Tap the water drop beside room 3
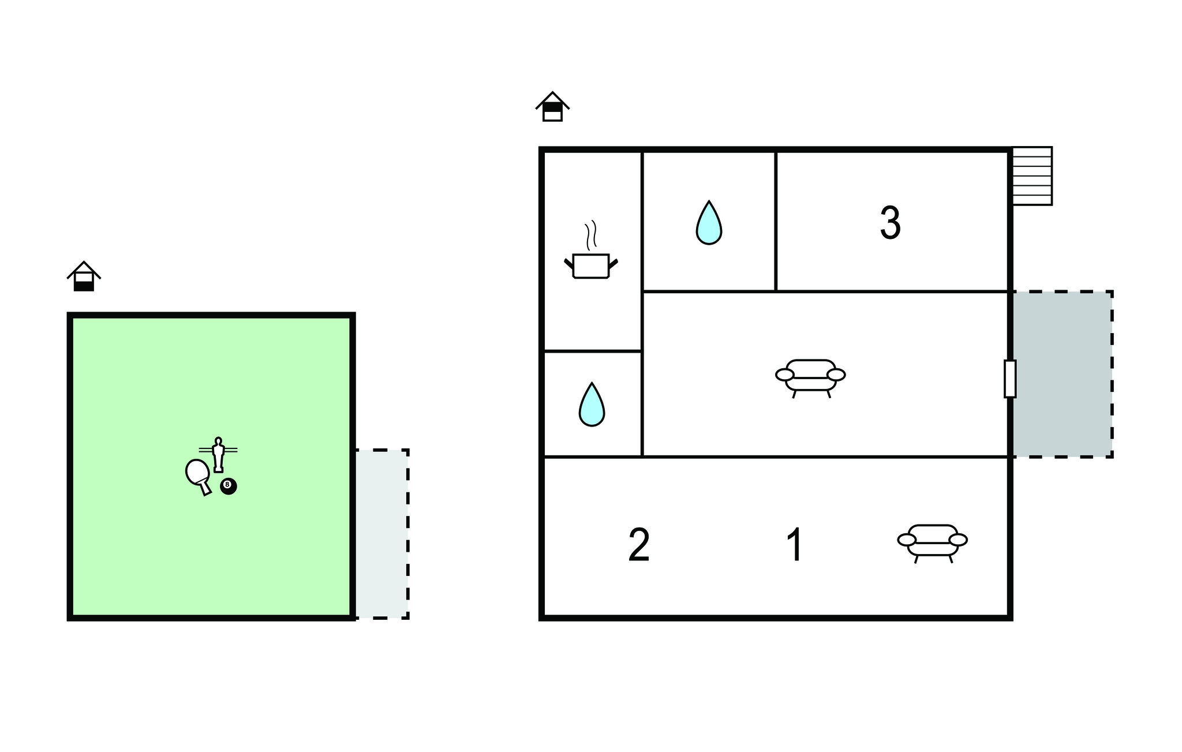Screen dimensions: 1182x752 pos(709,223)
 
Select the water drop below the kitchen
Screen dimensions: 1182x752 pos(592,404)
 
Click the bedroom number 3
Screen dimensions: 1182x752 pos(890,223)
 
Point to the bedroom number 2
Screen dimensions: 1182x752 pos(639,545)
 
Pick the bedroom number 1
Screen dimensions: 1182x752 pos(795,545)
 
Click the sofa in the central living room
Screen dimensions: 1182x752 pos(810,379)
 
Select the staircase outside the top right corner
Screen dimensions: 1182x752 pos(1032,176)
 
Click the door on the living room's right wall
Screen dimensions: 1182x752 pos(1010,379)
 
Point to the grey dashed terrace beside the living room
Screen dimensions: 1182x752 pos(1061,375)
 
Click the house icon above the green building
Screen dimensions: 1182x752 pos(84,276)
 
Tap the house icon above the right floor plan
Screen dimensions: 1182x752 pos(552,106)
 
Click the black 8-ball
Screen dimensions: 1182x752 pos(229,487)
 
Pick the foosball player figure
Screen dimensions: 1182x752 pos(218,455)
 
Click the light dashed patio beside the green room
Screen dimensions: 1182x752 pos(381,534)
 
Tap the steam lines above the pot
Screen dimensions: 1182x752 pos(590,235)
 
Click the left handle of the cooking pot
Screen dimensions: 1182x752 pos(568,263)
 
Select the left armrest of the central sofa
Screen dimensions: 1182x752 pos(785,375)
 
